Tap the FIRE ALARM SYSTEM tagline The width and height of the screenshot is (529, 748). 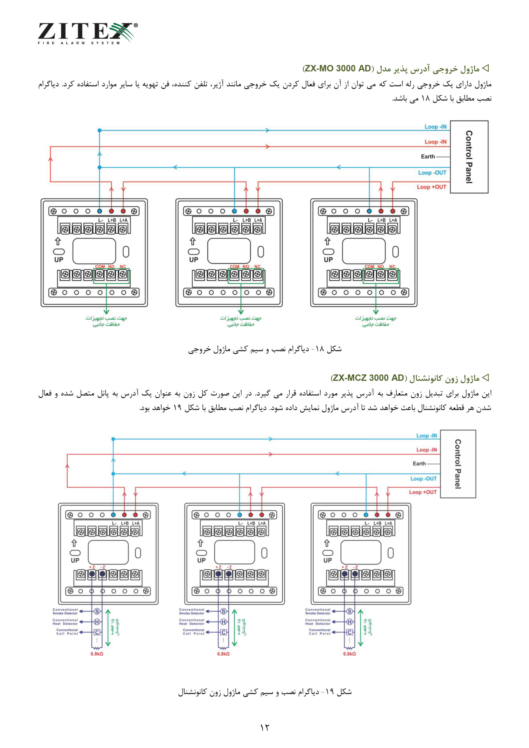click(79, 43)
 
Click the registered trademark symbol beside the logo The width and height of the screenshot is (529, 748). click(136, 25)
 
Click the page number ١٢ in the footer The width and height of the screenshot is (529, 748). click(264, 728)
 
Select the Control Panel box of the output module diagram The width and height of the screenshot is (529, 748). click(469, 157)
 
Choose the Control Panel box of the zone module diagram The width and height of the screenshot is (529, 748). click(458, 464)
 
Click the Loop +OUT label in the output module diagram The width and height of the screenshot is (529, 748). click(432, 187)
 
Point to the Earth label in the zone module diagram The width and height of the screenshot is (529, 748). click(419, 464)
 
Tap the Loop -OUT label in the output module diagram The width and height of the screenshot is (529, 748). click(432, 173)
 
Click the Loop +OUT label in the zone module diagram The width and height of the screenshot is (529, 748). click(423, 492)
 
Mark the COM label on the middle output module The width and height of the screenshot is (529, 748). click(235, 266)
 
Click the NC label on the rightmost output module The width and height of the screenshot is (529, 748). click(392, 266)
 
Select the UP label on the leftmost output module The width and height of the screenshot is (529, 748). click(59, 260)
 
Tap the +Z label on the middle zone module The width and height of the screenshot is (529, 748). click(218, 567)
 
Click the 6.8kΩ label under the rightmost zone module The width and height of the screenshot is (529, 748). click(350, 654)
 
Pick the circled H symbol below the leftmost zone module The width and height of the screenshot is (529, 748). click(97, 622)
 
